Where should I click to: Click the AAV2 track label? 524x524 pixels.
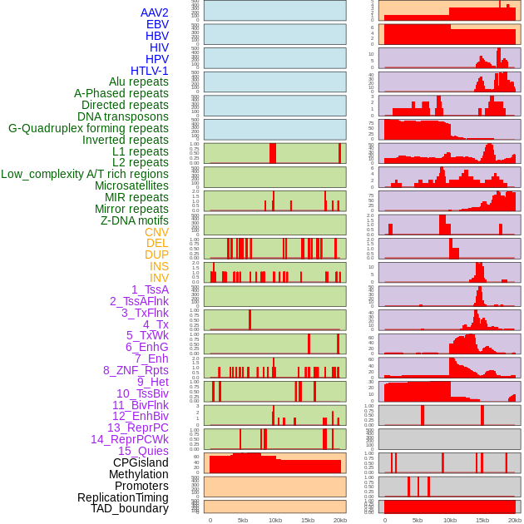point(154,12)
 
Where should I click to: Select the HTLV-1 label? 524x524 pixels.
point(149,71)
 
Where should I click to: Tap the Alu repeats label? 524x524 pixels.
point(138,82)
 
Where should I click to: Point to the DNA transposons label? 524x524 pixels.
point(122,116)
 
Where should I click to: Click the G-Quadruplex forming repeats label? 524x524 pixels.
point(88,128)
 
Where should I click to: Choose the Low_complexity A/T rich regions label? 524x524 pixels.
point(84,174)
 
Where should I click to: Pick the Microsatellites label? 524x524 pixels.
point(131,185)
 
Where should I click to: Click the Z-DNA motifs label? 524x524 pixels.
point(134,220)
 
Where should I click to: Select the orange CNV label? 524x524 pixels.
point(156,232)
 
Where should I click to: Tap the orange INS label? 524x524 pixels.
point(159,266)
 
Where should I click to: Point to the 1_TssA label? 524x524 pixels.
point(150,289)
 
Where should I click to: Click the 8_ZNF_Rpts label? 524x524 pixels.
point(136,370)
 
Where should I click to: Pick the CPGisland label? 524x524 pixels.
point(141,462)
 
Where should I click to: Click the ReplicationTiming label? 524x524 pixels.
point(122,497)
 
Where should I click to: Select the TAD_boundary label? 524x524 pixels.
point(129,508)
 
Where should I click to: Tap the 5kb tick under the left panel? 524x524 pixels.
point(243,520)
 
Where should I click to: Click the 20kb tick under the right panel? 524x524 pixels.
point(515,520)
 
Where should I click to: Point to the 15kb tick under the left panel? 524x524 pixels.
point(307,520)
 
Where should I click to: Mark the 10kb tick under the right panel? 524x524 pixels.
point(449,520)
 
